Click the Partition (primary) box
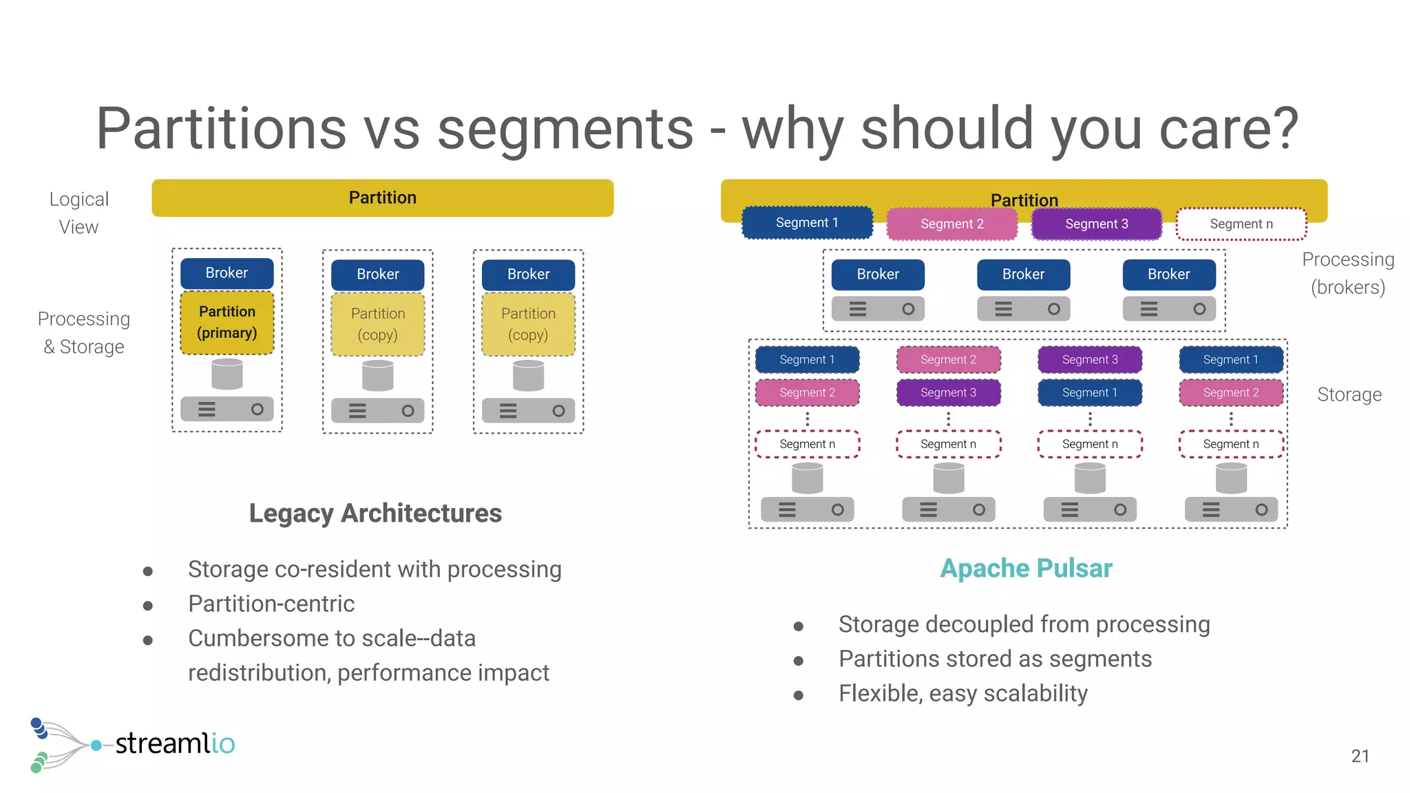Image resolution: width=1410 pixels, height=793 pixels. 227,322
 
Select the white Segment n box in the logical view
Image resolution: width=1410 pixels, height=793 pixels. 1241,224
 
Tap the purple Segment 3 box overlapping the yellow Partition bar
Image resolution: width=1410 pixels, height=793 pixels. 1096,224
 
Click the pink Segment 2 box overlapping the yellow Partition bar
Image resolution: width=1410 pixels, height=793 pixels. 951,224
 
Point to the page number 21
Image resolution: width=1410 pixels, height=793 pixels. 1360,756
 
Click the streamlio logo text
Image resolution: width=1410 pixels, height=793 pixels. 175,743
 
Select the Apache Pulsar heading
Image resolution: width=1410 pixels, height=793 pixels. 1026,569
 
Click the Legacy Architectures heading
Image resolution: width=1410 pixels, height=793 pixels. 375,514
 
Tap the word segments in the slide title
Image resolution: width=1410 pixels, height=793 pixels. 565,129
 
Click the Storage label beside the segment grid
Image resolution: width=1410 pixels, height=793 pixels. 1349,394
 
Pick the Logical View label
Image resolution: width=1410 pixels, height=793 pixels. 78,213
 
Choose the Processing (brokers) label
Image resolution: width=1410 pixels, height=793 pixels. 1347,273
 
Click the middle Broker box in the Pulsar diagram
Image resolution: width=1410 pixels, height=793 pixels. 1023,274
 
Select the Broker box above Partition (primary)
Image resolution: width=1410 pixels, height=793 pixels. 227,273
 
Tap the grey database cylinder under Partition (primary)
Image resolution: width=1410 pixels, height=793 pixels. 227,374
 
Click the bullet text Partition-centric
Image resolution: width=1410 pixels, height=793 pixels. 271,604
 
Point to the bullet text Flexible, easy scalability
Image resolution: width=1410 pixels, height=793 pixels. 962,693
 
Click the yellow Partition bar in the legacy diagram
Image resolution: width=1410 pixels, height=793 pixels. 382,198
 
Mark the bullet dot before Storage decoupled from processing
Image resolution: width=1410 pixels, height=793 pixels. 798,626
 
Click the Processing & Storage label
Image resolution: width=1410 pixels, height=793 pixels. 83,332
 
